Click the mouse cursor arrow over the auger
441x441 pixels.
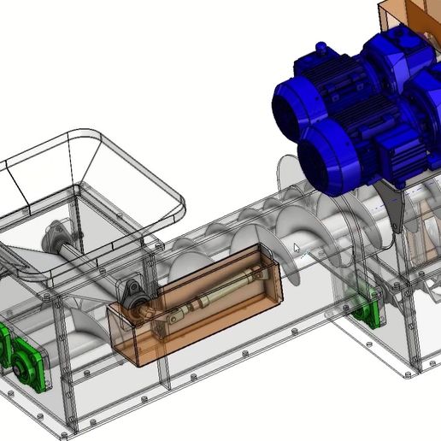296,248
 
